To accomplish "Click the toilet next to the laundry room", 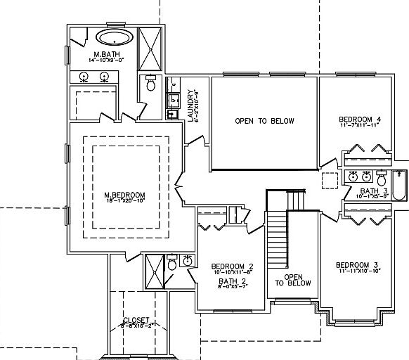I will coord(150,84).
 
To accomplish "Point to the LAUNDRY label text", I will coord(191,106).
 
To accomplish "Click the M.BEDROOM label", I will coord(124,195).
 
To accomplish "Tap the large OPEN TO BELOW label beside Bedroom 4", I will coord(264,121).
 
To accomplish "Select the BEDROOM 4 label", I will coord(360,118).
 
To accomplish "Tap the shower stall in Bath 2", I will coord(154,270).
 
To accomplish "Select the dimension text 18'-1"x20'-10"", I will coord(124,202).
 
